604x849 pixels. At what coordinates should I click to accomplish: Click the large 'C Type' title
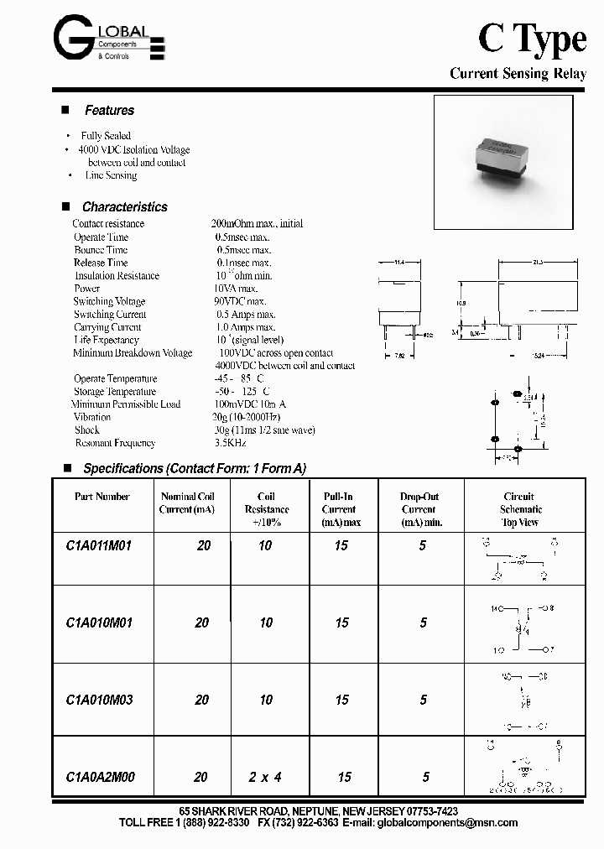[531, 39]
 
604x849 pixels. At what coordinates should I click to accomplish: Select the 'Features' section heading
[109, 111]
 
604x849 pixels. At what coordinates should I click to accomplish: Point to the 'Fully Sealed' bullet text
[106, 136]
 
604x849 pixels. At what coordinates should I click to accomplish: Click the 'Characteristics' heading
[124, 207]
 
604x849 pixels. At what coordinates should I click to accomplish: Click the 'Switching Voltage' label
[109, 301]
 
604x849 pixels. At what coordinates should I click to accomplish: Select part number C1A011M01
[98, 545]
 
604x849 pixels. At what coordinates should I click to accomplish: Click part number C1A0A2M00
[99, 778]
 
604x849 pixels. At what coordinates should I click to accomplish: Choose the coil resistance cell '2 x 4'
[264, 778]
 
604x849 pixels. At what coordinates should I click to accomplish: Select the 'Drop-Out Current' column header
[419, 509]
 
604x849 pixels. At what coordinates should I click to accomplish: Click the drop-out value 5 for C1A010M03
[423, 700]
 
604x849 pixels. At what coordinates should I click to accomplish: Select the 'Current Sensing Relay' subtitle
[518, 74]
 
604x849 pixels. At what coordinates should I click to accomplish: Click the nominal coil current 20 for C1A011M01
[203, 545]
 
